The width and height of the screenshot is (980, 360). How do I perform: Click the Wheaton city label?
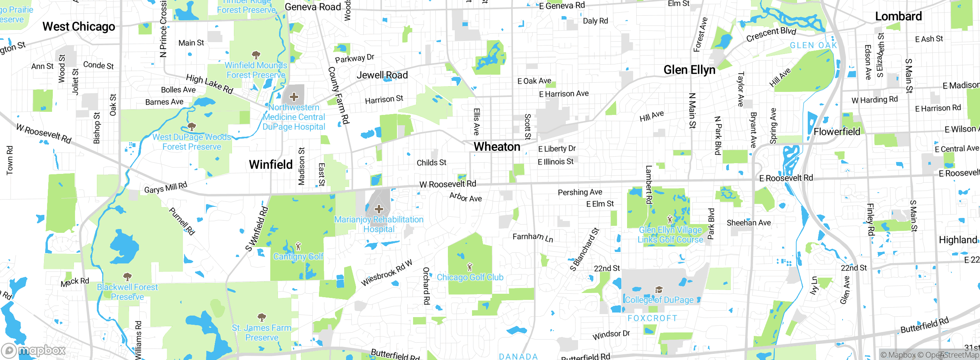[x=497, y=147]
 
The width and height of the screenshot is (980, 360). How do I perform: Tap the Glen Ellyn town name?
[x=689, y=70]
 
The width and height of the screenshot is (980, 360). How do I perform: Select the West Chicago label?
[x=78, y=27]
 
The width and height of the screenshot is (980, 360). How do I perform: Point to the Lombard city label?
[x=898, y=16]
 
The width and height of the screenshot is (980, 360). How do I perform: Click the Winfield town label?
[x=271, y=165]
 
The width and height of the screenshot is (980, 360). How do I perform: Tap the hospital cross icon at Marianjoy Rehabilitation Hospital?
[x=379, y=209]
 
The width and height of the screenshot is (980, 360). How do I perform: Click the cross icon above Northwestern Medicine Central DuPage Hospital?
[x=294, y=97]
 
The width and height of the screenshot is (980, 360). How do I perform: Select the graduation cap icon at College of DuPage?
[x=659, y=290]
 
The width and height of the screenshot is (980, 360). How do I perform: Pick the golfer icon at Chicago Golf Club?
[x=470, y=267]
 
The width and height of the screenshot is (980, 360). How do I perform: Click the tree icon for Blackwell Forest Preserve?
[x=127, y=277]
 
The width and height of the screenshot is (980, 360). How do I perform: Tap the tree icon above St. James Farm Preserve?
[x=262, y=317]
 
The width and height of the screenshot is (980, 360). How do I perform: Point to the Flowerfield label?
[x=836, y=132]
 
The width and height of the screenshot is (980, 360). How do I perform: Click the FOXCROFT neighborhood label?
[x=652, y=318]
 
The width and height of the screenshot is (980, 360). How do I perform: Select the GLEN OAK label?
[x=813, y=46]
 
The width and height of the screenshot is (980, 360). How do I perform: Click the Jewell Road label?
[x=382, y=75]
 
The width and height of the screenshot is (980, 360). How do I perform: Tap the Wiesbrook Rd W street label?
[x=387, y=273]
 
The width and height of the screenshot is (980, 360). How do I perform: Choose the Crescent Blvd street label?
[x=771, y=34]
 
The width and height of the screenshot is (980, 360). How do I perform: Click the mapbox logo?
[x=34, y=350]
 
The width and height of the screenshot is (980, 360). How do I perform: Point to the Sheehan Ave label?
[x=748, y=223]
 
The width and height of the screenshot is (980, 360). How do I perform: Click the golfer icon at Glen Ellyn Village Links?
[x=670, y=220]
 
